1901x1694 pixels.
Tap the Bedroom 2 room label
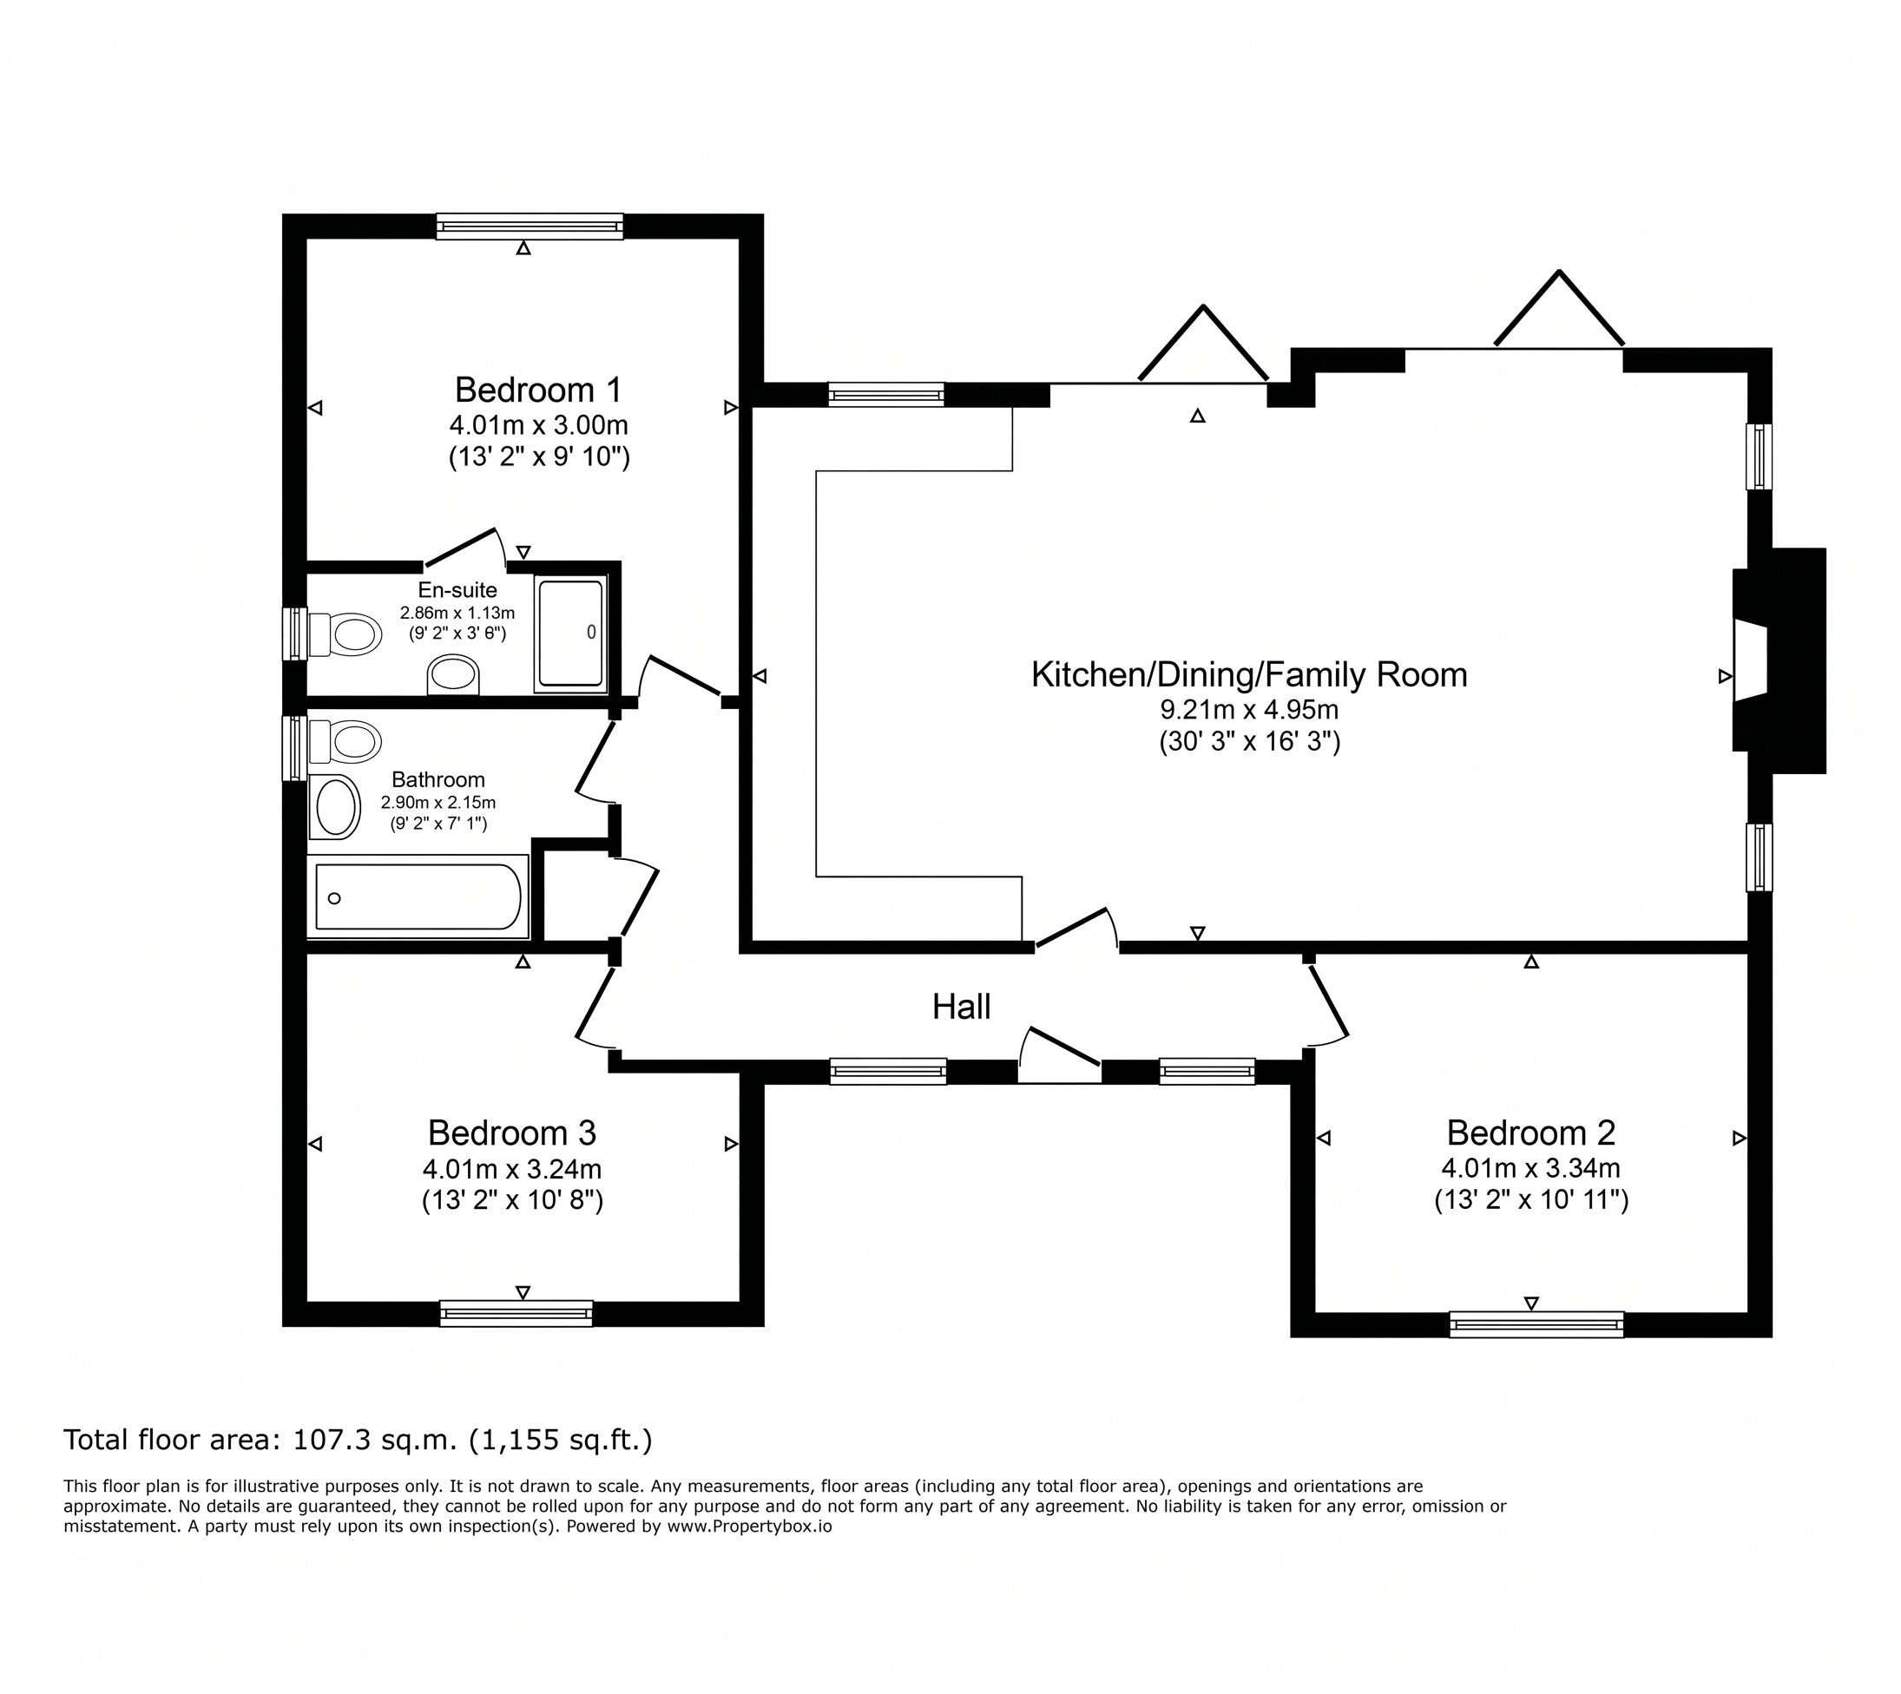click(1530, 1133)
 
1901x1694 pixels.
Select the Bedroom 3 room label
click(512, 1133)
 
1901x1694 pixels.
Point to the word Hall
click(962, 1006)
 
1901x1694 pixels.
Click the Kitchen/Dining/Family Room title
click(1249, 675)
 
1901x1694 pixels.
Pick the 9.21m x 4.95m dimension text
click(1249, 710)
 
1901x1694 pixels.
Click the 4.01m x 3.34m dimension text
click(1530, 1168)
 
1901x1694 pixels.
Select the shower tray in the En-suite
click(570, 633)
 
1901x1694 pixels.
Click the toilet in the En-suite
click(345, 634)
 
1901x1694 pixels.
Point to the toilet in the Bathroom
click(345, 743)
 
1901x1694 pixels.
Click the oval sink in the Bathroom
click(335, 807)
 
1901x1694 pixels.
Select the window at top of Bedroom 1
click(530, 227)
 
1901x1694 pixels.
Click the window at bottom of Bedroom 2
click(1536, 1324)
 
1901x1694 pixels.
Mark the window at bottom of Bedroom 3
click(516, 1313)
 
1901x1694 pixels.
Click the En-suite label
click(457, 590)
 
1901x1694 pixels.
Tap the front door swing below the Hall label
click(1059, 1054)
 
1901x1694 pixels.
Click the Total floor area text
click(358, 1440)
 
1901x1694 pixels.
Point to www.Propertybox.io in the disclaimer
click(749, 1527)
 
